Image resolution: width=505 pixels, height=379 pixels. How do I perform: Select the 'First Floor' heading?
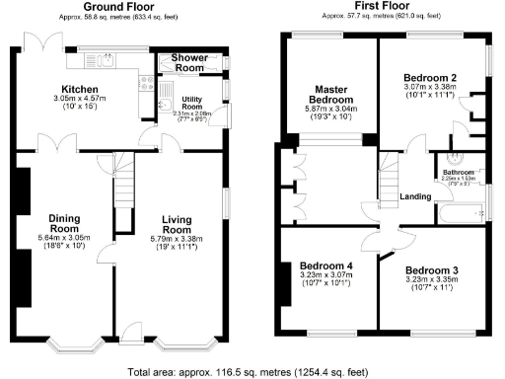pos(382,6)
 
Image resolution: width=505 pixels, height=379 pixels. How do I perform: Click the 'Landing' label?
pos(415,196)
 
